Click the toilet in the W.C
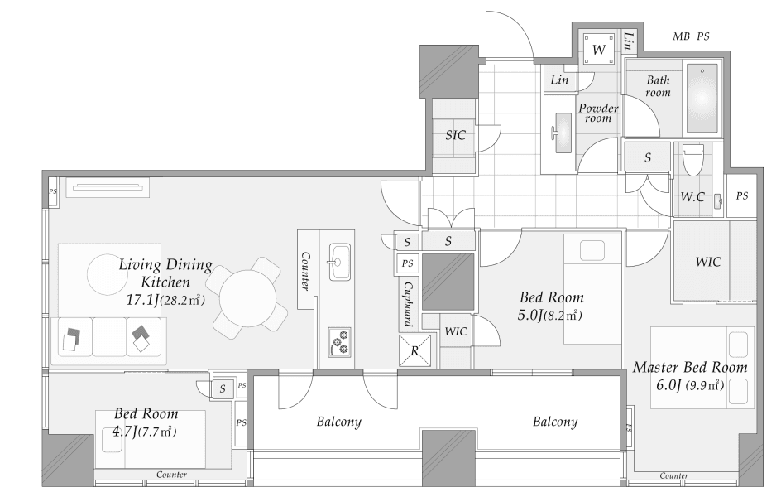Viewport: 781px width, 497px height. [x=692, y=160]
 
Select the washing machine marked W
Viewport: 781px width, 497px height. [x=599, y=50]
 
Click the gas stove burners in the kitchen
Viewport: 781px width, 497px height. [x=339, y=341]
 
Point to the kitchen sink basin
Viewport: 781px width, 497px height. [x=340, y=262]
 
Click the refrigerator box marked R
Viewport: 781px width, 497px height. [x=414, y=350]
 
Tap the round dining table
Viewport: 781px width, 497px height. [x=247, y=298]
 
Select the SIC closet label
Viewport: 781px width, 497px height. [x=455, y=135]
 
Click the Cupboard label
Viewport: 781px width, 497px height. [x=408, y=304]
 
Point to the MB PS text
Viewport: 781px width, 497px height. [x=691, y=36]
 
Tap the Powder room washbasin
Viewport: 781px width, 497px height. [x=562, y=133]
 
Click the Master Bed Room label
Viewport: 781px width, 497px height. [x=690, y=368]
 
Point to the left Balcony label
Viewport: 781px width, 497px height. [x=338, y=422]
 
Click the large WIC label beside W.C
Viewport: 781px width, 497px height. [x=708, y=262]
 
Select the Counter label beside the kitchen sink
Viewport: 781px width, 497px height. [x=305, y=271]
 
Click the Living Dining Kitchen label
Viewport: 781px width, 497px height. [x=165, y=273]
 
